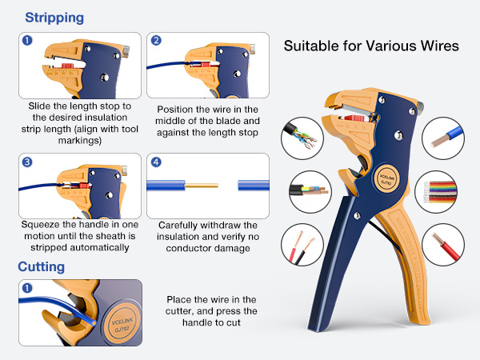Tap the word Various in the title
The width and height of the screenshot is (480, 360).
[x=377, y=46]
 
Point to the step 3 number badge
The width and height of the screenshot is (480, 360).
[x=27, y=162]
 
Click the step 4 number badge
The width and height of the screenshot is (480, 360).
[x=157, y=162]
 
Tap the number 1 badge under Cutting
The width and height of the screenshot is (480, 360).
[x=27, y=288]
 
